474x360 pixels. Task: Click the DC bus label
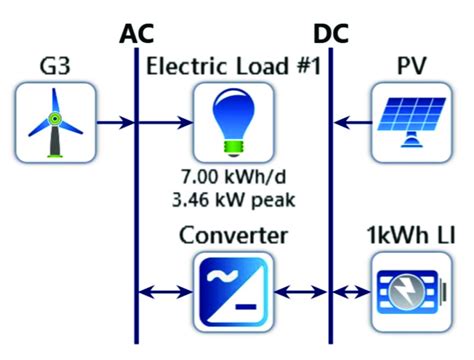(x=332, y=34)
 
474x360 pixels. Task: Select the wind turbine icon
(x=56, y=122)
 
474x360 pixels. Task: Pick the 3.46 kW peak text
(x=233, y=199)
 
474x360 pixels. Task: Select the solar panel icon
(x=410, y=122)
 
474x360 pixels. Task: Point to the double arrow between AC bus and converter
(x=165, y=292)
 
